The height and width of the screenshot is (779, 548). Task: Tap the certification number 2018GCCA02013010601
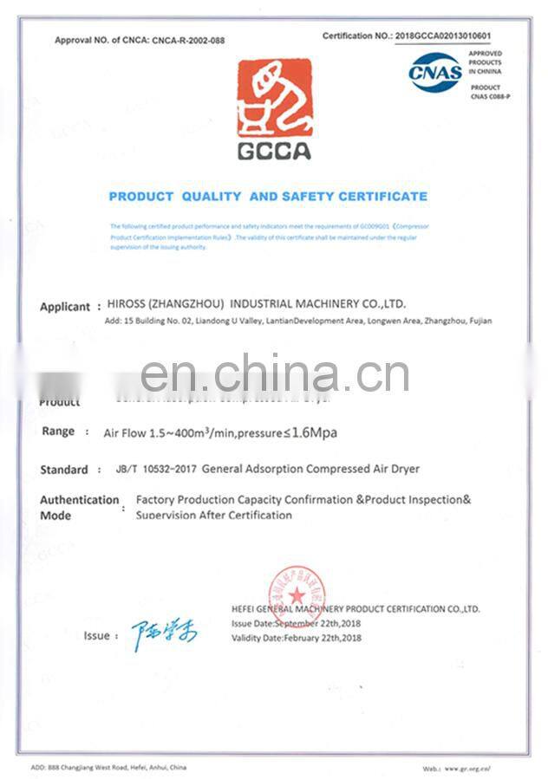443,36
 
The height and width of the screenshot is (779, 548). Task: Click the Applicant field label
65,307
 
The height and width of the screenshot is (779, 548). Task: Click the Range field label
58,432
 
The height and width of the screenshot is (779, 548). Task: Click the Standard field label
64,470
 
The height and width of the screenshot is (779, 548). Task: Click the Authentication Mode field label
79,507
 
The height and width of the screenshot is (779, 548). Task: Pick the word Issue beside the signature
96,635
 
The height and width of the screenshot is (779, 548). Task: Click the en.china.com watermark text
274,373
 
